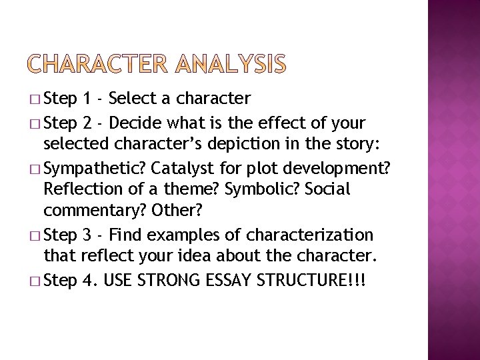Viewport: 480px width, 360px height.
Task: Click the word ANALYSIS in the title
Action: [x=232, y=65]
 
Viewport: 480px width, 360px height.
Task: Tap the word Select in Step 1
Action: [x=131, y=99]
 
